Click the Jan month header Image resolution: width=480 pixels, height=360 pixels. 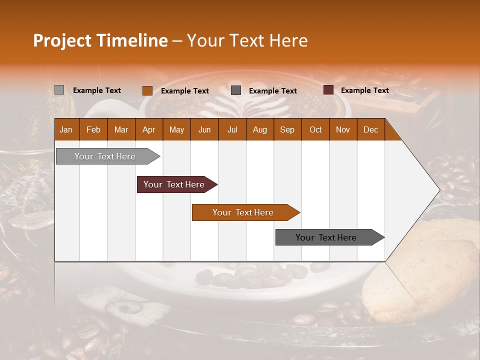(x=66, y=129)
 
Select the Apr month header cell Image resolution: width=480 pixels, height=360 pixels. (x=148, y=129)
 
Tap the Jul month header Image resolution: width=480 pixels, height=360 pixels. (x=232, y=129)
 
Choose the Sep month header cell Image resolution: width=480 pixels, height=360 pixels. (x=287, y=129)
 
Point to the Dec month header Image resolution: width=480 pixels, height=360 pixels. (x=370, y=129)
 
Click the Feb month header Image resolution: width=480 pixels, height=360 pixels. (x=93, y=129)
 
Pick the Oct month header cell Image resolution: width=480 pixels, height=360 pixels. (x=315, y=129)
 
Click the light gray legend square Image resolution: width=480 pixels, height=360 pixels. (x=59, y=90)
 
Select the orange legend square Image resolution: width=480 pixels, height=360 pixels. (x=147, y=90)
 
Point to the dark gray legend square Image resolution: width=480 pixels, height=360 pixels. (x=236, y=90)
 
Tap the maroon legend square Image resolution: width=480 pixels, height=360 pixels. (x=328, y=90)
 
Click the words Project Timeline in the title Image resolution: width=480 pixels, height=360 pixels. (x=100, y=40)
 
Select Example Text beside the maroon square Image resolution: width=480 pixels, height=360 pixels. (x=365, y=90)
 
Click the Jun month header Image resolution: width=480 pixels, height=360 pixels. (x=204, y=129)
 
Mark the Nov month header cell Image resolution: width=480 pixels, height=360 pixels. (x=343, y=129)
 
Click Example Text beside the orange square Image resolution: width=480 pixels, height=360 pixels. (x=185, y=91)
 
